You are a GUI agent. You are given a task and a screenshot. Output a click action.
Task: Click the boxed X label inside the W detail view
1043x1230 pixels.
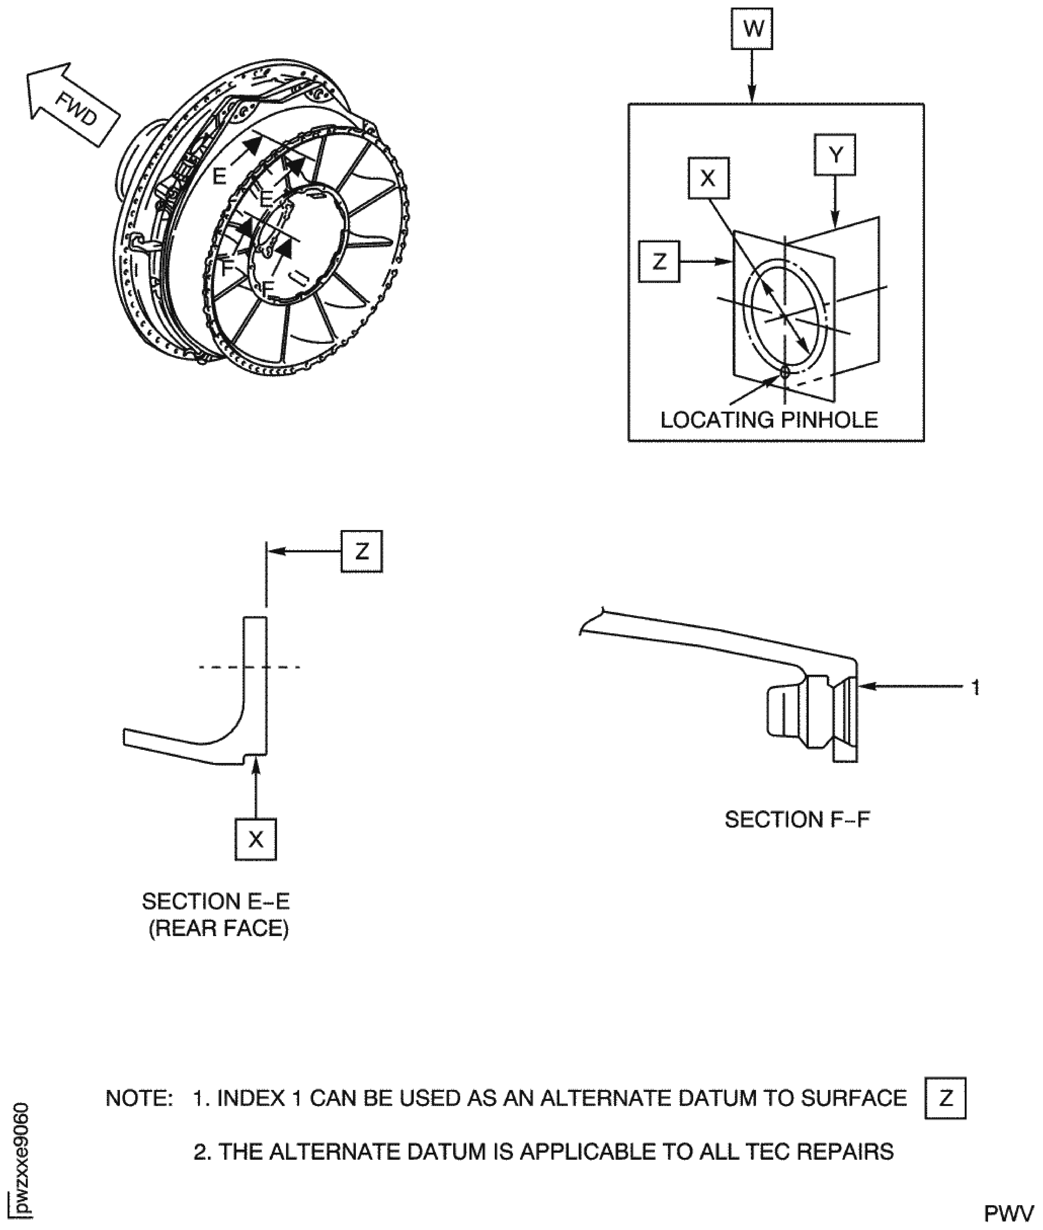pyautogui.click(x=708, y=178)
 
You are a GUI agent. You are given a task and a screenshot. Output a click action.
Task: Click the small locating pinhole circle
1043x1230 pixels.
pyautogui.click(x=785, y=372)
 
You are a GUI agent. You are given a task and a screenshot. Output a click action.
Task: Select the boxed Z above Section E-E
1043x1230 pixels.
pyautogui.click(x=361, y=551)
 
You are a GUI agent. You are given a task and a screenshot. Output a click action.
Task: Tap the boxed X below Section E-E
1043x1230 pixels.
pyautogui.click(x=255, y=839)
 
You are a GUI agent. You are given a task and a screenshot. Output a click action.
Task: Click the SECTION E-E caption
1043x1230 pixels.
pyautogui.click(x=216, y=901)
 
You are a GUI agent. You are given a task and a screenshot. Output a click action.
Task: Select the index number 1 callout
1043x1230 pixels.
pyautogui.click(x=976, y=687)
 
